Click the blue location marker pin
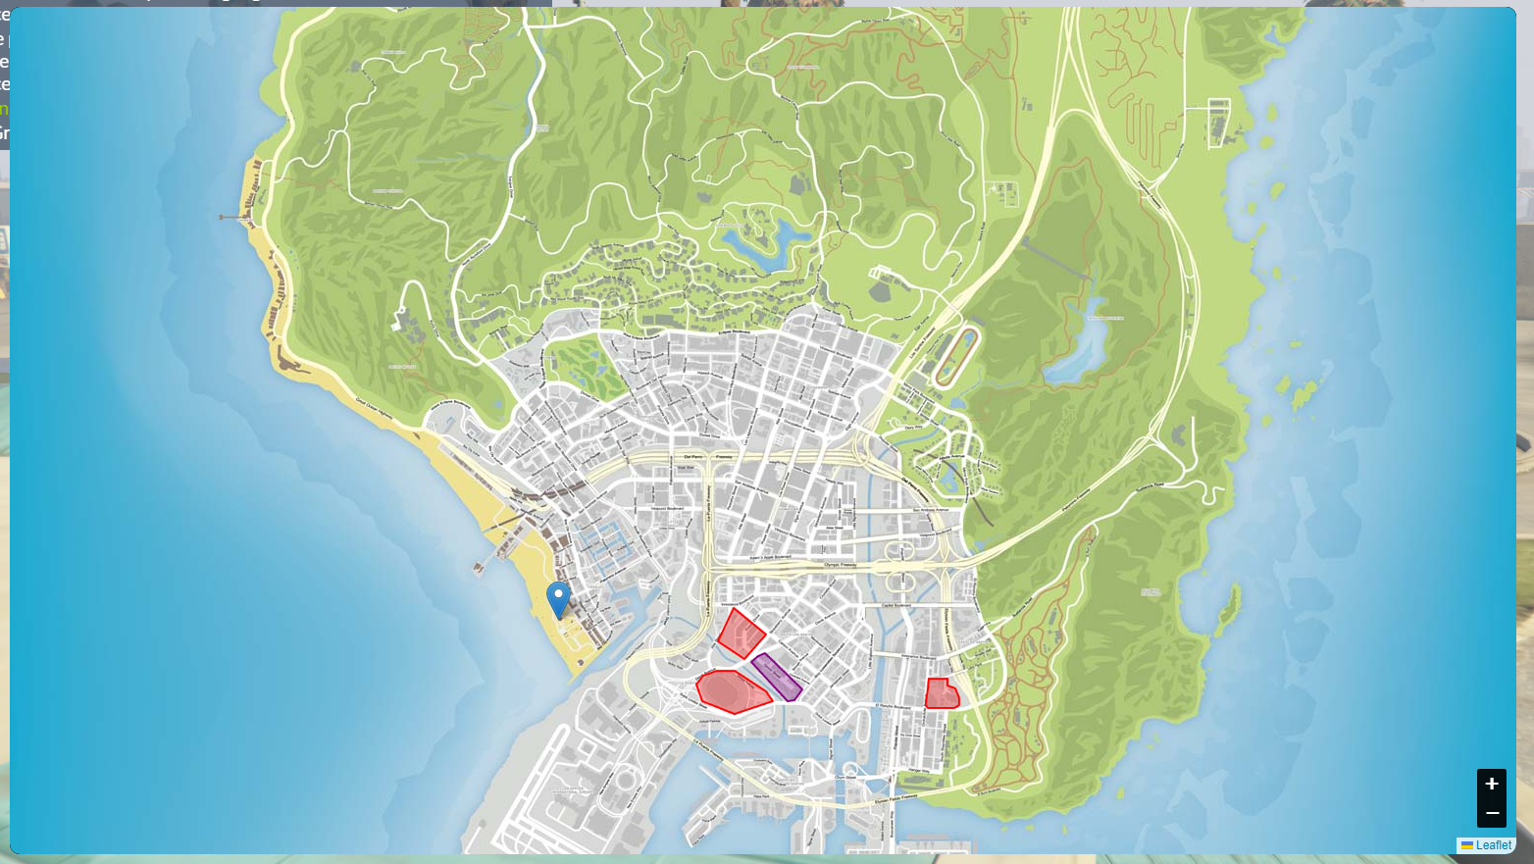[558, 596]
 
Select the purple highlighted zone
[777, 677]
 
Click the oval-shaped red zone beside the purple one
[732, 691]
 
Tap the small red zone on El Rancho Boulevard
[942, 694]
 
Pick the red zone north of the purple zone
[741, 634]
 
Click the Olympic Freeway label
[840, 565]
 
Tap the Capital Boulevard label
[896, 606]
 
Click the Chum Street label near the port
[844, 778]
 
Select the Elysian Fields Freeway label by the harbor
[895, 797]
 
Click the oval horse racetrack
[956, 357]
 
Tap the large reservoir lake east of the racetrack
[1079, 348]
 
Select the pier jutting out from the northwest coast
[235, 217]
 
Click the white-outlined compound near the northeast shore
[1218, 123]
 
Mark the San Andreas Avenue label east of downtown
[931, 510]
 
